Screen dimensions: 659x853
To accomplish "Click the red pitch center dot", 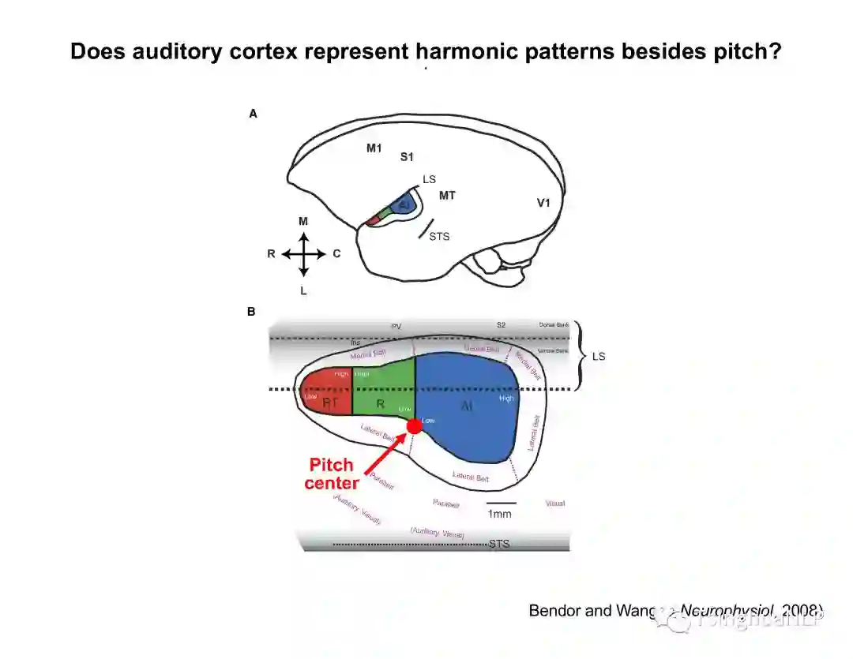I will coord(415,426).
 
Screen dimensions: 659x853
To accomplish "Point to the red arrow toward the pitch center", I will coord(387,452).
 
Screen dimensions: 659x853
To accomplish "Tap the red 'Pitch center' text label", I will coord(331,474).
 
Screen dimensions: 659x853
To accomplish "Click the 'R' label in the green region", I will coord(380,403).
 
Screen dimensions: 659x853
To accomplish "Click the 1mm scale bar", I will coord(501,502).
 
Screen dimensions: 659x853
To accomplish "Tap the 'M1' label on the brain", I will coord(374,148).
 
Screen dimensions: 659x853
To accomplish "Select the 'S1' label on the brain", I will coord(407,157).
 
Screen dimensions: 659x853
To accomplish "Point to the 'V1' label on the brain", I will coord(543,203).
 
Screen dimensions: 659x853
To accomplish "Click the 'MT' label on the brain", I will coord(447,194).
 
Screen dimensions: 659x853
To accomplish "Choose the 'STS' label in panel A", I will coord(439,236).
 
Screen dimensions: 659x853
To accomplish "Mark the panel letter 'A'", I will coord(253,114).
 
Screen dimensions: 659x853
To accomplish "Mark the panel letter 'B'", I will coord(251,312).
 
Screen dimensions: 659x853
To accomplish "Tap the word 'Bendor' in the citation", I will coord(554,610).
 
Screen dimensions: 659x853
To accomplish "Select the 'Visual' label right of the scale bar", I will coord(555,503).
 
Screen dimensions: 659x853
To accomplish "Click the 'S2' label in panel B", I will coord(501,325).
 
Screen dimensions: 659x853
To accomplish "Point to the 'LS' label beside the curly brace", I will coord(599,357).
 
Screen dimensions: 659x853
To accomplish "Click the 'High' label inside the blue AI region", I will coord(506,398).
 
